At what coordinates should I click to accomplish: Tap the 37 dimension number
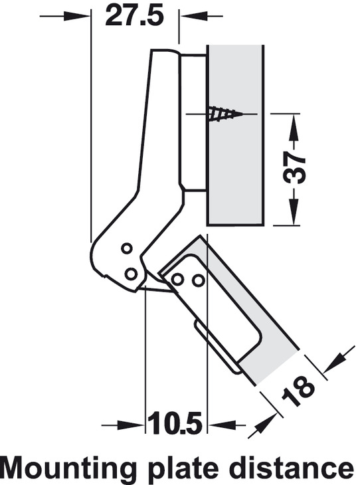[294, 167]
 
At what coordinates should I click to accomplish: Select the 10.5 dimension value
[175, 422]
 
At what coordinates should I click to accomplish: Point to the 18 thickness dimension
[298, 391]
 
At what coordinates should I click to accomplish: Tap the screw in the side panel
[225, 114]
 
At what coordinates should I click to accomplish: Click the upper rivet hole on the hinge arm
[126, 248]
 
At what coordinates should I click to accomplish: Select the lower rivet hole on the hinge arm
[131, 274]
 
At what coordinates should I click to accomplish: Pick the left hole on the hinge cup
[177, 280]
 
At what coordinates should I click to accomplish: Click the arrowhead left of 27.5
[77, 16]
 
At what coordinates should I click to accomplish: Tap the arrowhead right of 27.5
[193, 16]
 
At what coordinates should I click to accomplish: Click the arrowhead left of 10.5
[132, 426]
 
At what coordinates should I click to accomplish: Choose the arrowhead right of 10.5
[221, 426]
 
